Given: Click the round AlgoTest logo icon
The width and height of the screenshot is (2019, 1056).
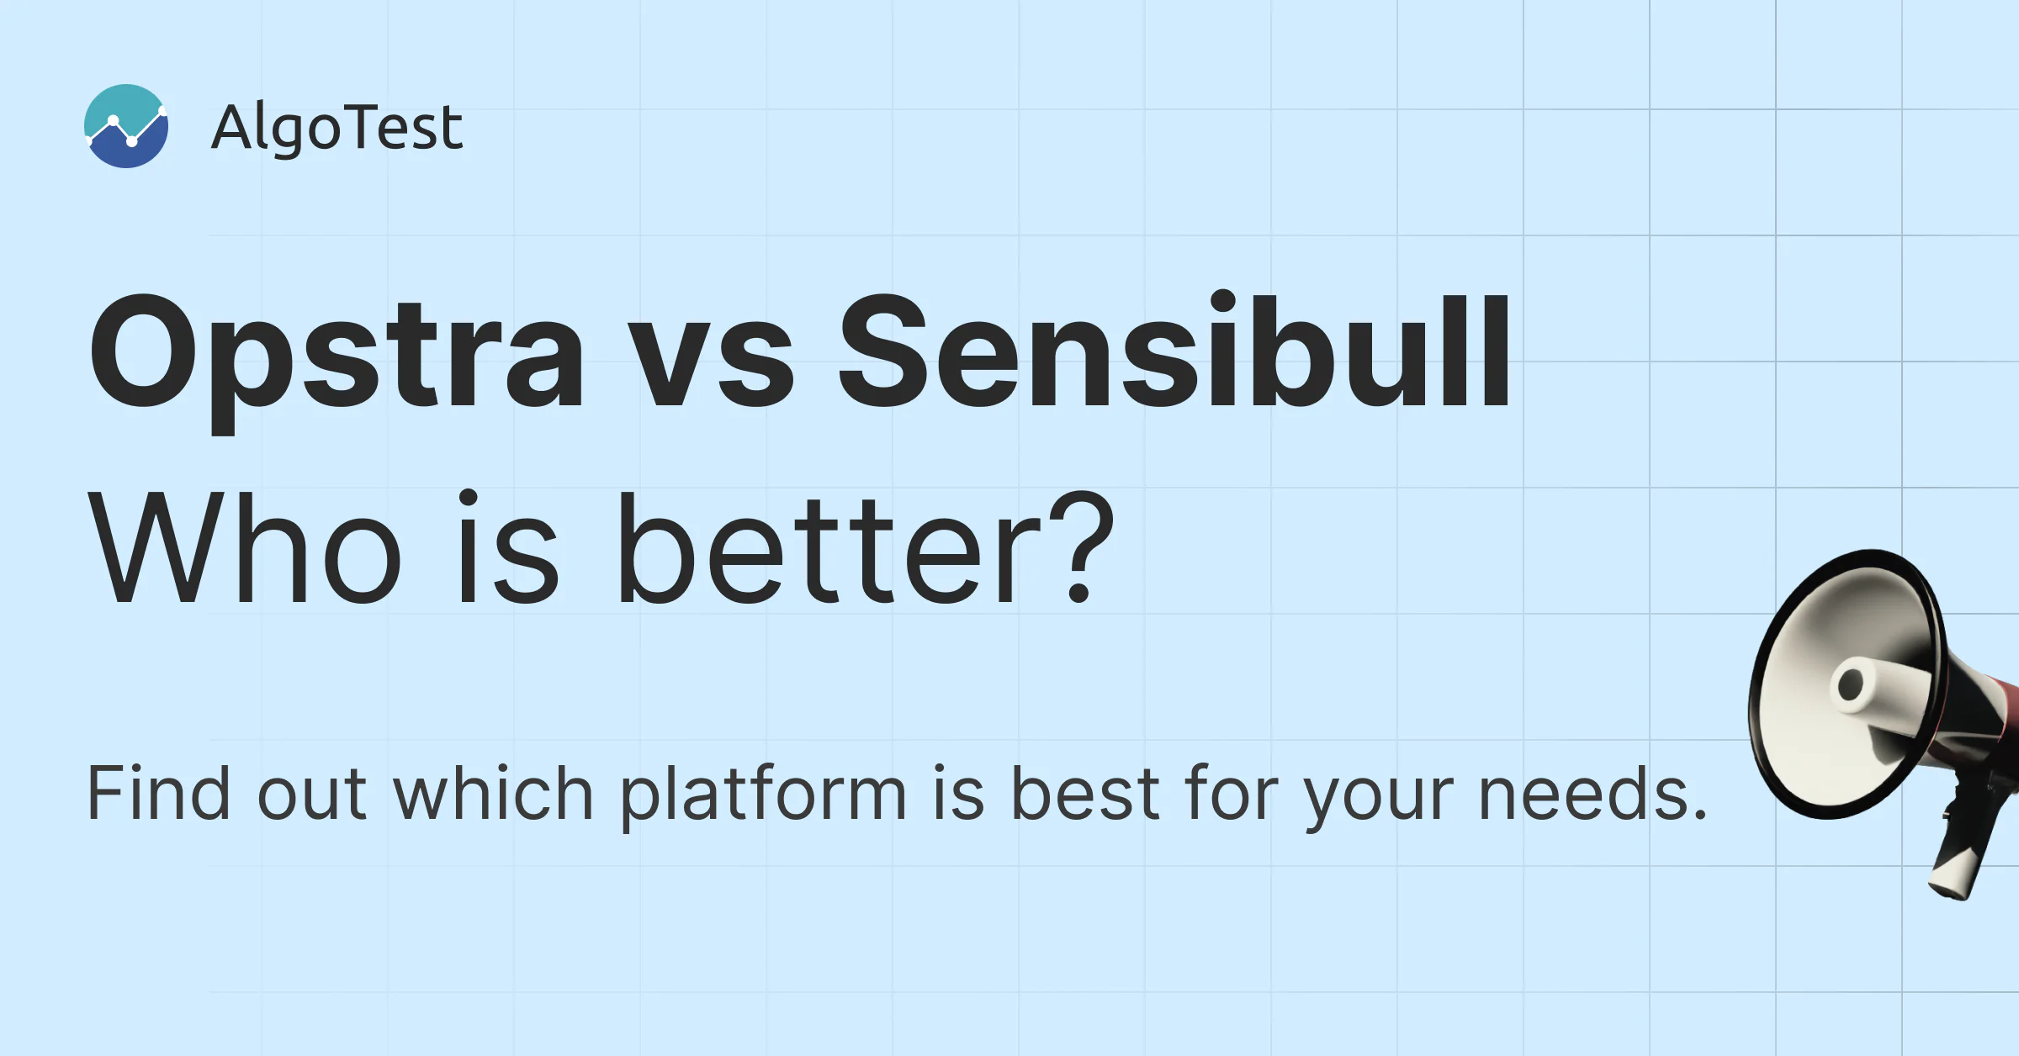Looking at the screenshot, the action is (126, 126).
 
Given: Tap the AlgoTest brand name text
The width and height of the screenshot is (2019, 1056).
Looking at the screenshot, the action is (336, 128).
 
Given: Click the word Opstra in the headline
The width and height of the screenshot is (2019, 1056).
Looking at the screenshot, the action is (336, 357).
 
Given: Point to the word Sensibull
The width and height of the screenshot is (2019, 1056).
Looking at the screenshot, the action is (1175, 350).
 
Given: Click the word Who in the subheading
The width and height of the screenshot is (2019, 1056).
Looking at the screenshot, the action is (244, 548).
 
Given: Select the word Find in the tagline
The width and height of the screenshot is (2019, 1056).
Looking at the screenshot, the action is (158, 792).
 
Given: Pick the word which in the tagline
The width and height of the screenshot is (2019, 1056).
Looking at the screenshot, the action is (493, 792).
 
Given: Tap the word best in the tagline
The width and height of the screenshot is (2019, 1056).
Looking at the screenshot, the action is (1085, 792).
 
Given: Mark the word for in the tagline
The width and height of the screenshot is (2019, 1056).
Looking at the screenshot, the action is (1232, 792).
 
